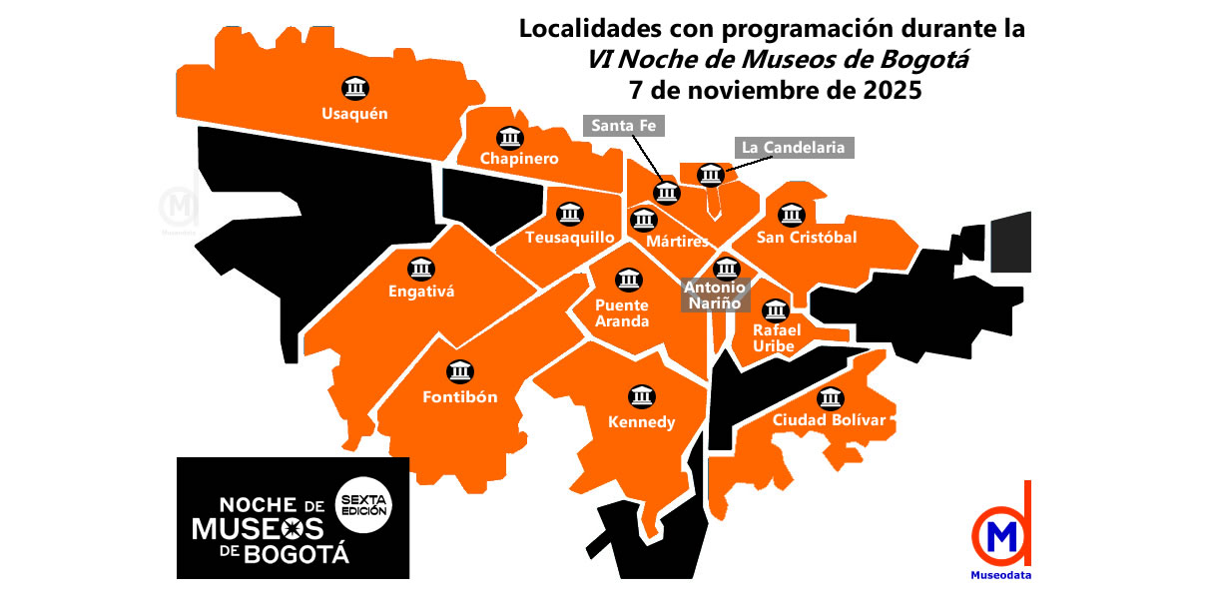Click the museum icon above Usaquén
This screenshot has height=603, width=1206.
click(354, 88)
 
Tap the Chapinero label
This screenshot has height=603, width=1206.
click(518, 159)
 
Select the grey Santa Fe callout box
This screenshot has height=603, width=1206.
click(623, 126)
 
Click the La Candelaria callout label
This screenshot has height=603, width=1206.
click(795, 147)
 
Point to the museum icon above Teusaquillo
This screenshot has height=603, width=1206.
click(570, 215)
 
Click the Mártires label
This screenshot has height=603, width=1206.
click(677, 242)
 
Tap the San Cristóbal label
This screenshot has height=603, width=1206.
click(807, 238)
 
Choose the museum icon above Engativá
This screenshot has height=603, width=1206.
click(421, 268)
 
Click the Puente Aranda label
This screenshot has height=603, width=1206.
click(622, 313)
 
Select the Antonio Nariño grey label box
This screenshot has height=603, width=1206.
click(714, 296)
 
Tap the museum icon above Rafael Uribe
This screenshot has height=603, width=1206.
click(775, 308)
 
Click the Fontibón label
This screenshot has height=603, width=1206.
click(459, 396)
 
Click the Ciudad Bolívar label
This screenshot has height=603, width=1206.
click(829, 420)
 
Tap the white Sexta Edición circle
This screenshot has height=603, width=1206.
click(364, 504)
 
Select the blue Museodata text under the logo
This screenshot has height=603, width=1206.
click(1001, 575)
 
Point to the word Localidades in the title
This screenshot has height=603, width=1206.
click(585, 29)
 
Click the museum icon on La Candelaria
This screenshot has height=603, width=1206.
click(710, 176)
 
